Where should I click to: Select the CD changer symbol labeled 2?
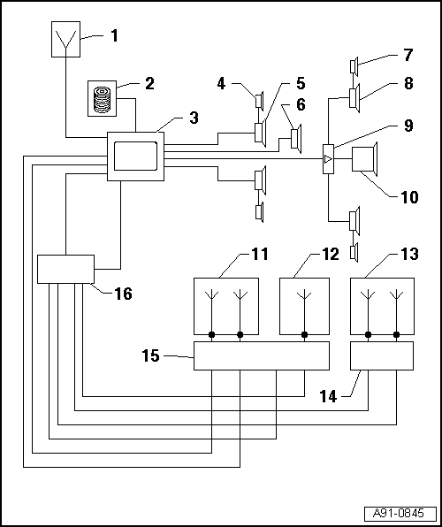pos(103,99)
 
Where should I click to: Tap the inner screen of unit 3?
pos(136,156)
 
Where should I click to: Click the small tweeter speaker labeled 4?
pos(259,101)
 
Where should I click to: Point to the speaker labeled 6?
pos(296,139)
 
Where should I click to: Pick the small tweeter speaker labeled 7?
pos(354,66)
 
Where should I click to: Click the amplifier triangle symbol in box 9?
pos(328,159)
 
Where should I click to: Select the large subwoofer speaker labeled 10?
pos(365,159)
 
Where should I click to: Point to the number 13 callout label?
pos(409,255)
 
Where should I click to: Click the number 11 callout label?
pos(260,255)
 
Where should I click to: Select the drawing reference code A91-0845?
pos(400,514)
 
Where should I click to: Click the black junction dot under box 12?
pos(304,335)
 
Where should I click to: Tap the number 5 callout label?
pos(301,84)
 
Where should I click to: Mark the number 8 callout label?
pos(408,83)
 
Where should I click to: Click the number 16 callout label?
pos(124,294)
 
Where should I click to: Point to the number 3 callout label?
pos(194,118)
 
